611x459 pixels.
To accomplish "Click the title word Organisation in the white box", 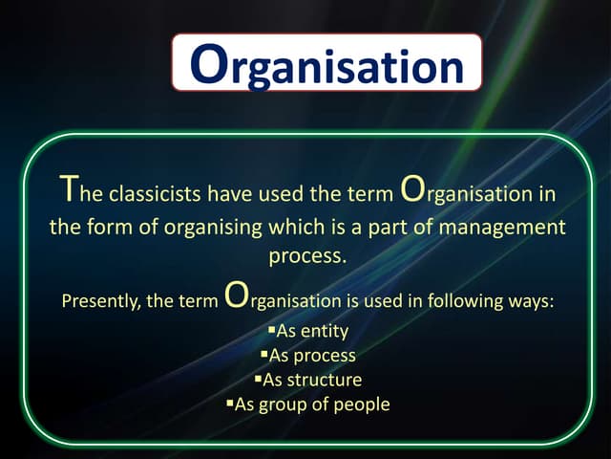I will [x=327, y=64].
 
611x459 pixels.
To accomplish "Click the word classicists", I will [x=155, y=194].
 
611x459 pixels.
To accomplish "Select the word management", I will [x=507, y=228].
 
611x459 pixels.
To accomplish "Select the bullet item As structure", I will [x=312, y=380].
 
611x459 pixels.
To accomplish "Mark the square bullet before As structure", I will [x=258, y=379].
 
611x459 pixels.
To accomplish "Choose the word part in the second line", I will [x=401, y=228].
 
